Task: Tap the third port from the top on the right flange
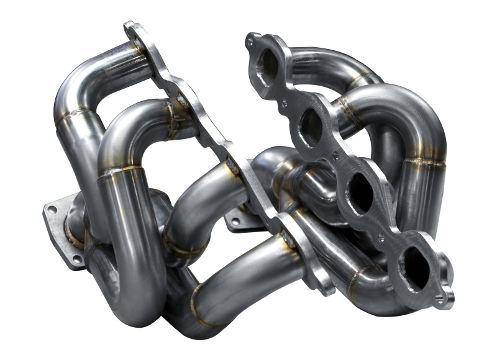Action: (x=361, y=194)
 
